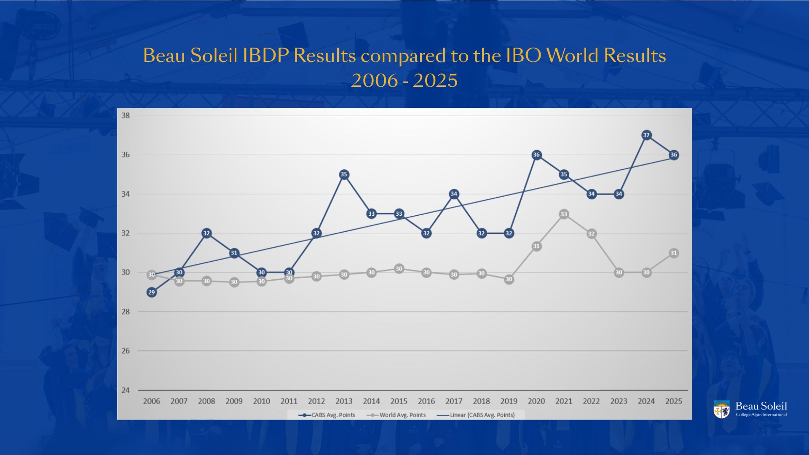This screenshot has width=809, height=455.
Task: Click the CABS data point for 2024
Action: (646, 135)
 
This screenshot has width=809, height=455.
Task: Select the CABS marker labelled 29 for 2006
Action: (152, 292)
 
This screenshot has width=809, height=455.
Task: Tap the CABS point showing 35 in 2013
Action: (344, 174)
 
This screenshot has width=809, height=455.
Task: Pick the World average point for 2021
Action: (564, 214)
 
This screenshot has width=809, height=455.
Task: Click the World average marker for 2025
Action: (673, 253)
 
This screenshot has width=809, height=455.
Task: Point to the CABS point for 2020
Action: (536, 155)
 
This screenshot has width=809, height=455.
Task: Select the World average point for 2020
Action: (536, 246)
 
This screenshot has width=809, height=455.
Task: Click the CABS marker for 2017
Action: (454, 194)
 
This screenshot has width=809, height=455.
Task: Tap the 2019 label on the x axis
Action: (509, 401)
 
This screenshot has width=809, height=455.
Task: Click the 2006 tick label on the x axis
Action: (152, 401)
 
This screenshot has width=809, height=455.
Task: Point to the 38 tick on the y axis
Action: (126, 115)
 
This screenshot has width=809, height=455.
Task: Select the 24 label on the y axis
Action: (126, 390)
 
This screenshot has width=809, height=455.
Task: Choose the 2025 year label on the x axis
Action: (673, 401)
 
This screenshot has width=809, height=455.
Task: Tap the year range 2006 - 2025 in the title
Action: (404, 80)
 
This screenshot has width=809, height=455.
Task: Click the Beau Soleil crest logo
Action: (721, 409)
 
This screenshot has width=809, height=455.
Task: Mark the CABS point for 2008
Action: (206, 233)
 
